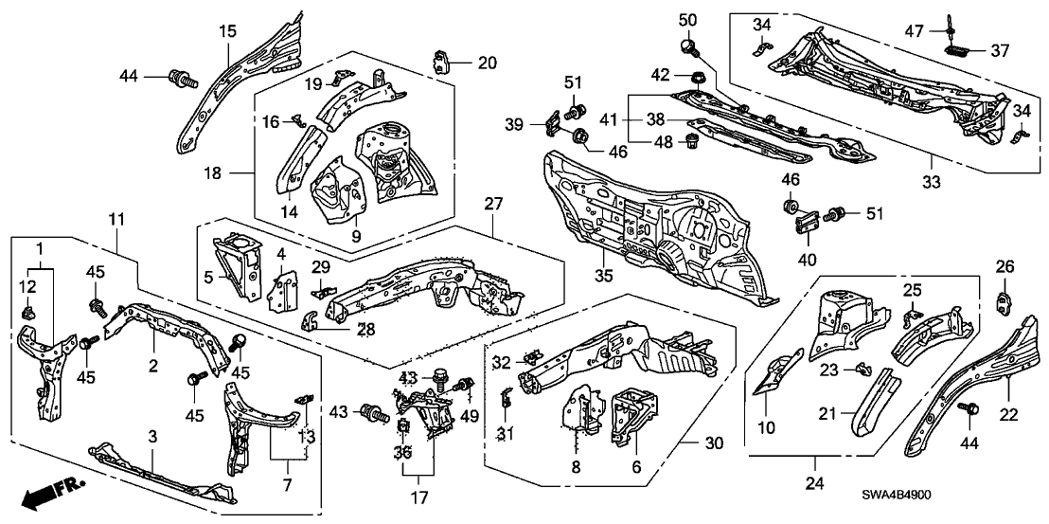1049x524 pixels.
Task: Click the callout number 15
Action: (x=227, y=31)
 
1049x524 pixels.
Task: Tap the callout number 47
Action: (x=915, y=30)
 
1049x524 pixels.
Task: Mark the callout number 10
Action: (x=766, y=428)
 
